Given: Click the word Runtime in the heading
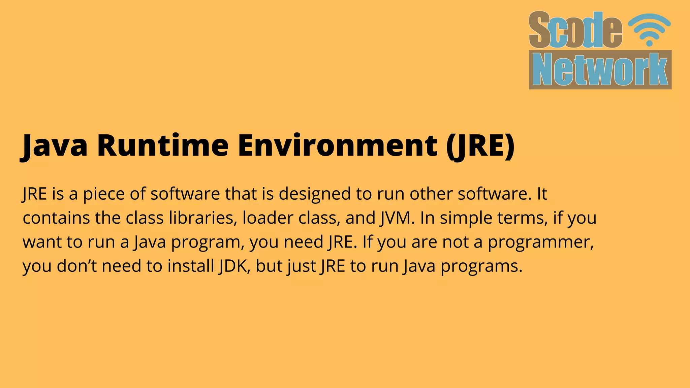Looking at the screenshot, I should pos(163,145).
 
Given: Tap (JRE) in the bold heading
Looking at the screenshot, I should pos(480,145).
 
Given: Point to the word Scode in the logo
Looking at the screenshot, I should pos(575,30).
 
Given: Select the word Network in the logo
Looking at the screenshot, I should pos(600,70).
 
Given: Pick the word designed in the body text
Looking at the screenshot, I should pos(315,194).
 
